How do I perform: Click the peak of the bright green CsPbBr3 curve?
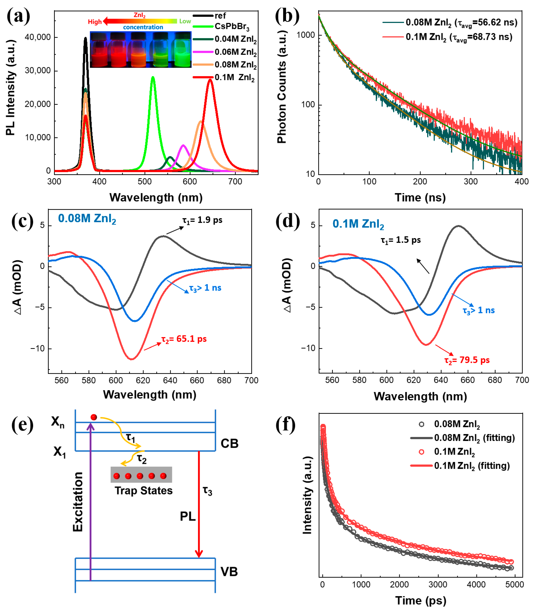pos(153,77)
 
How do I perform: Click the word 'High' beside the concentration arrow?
pos(95,22)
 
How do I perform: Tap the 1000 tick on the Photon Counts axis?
pos(306,35)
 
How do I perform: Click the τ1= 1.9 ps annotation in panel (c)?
pos(202,220)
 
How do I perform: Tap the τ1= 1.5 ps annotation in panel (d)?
pos(401,240)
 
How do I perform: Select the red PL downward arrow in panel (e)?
pos(199,506)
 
